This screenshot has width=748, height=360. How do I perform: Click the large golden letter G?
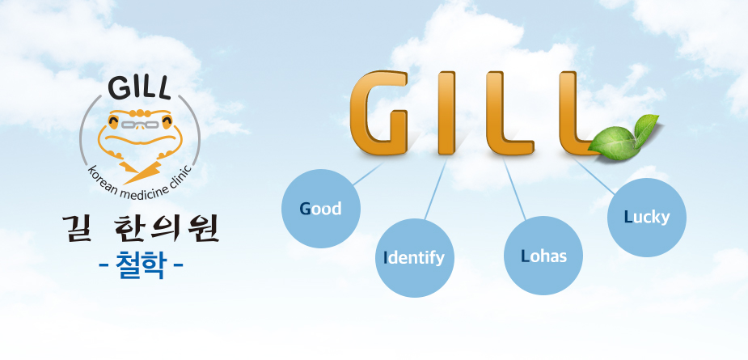point(379,112)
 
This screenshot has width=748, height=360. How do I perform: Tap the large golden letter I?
point(446,112)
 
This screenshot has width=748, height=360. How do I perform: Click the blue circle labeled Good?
point(321,209)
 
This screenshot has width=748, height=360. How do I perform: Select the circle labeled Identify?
point(415,258)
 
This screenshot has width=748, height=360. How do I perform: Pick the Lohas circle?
point(543,256)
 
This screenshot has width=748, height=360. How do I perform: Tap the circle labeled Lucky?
point(647,218)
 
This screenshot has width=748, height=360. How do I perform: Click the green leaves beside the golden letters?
point(624,135)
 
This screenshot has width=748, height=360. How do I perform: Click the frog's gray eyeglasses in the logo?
point(139,125)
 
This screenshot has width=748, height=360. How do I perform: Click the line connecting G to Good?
point(368,174)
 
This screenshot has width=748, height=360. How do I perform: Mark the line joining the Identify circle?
point(436,189)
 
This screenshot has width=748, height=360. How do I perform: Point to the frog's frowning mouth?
point(139,139)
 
